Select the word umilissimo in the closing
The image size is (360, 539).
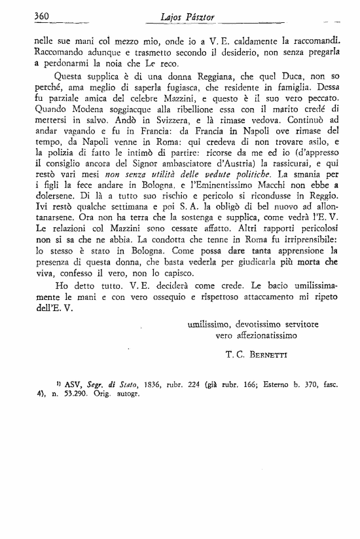pos(208,324)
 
